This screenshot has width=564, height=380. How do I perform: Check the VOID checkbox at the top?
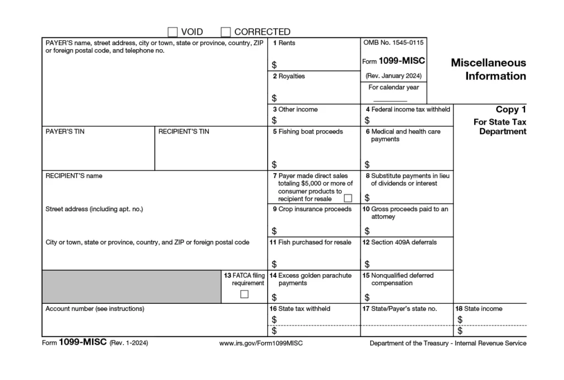[x=172, y=32]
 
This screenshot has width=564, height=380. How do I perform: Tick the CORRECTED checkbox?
[x=226, y=32]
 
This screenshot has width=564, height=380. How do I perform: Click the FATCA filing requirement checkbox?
[x=244, y=294]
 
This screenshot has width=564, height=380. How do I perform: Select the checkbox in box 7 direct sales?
[x=348, y=198]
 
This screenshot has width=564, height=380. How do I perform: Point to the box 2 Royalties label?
[x=289, y=76]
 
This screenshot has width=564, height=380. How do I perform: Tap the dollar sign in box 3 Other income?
[x=274, y=120]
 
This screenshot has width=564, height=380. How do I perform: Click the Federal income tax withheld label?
[x=408, y=109]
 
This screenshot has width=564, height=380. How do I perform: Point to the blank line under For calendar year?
[x=390, y=100]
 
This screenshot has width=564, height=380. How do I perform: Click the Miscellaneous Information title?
[x=489, y=69]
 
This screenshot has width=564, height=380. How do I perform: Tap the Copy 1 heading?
[x=507, y=110]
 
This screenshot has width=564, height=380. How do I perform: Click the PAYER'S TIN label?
[x=65, y=132]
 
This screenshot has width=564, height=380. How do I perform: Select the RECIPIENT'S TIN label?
[x=183, y=132]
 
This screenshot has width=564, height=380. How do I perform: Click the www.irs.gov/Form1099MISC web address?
[x=261, y=344]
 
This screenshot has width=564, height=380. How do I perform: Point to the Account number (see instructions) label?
[x=95, y=309]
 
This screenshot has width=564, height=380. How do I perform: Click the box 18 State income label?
[x=478, y=309]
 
